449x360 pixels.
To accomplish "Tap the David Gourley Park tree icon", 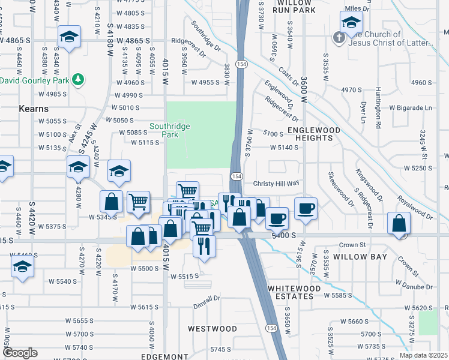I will (x=77, y=79).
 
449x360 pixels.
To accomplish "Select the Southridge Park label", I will (x=170, y=130).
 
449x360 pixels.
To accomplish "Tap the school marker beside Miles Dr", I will (x=351, y=23).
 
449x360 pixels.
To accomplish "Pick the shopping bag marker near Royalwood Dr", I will (x=399, y=224).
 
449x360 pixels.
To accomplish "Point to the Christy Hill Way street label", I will (x=276, y=184).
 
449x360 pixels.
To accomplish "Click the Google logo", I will (x=20, y=353).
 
